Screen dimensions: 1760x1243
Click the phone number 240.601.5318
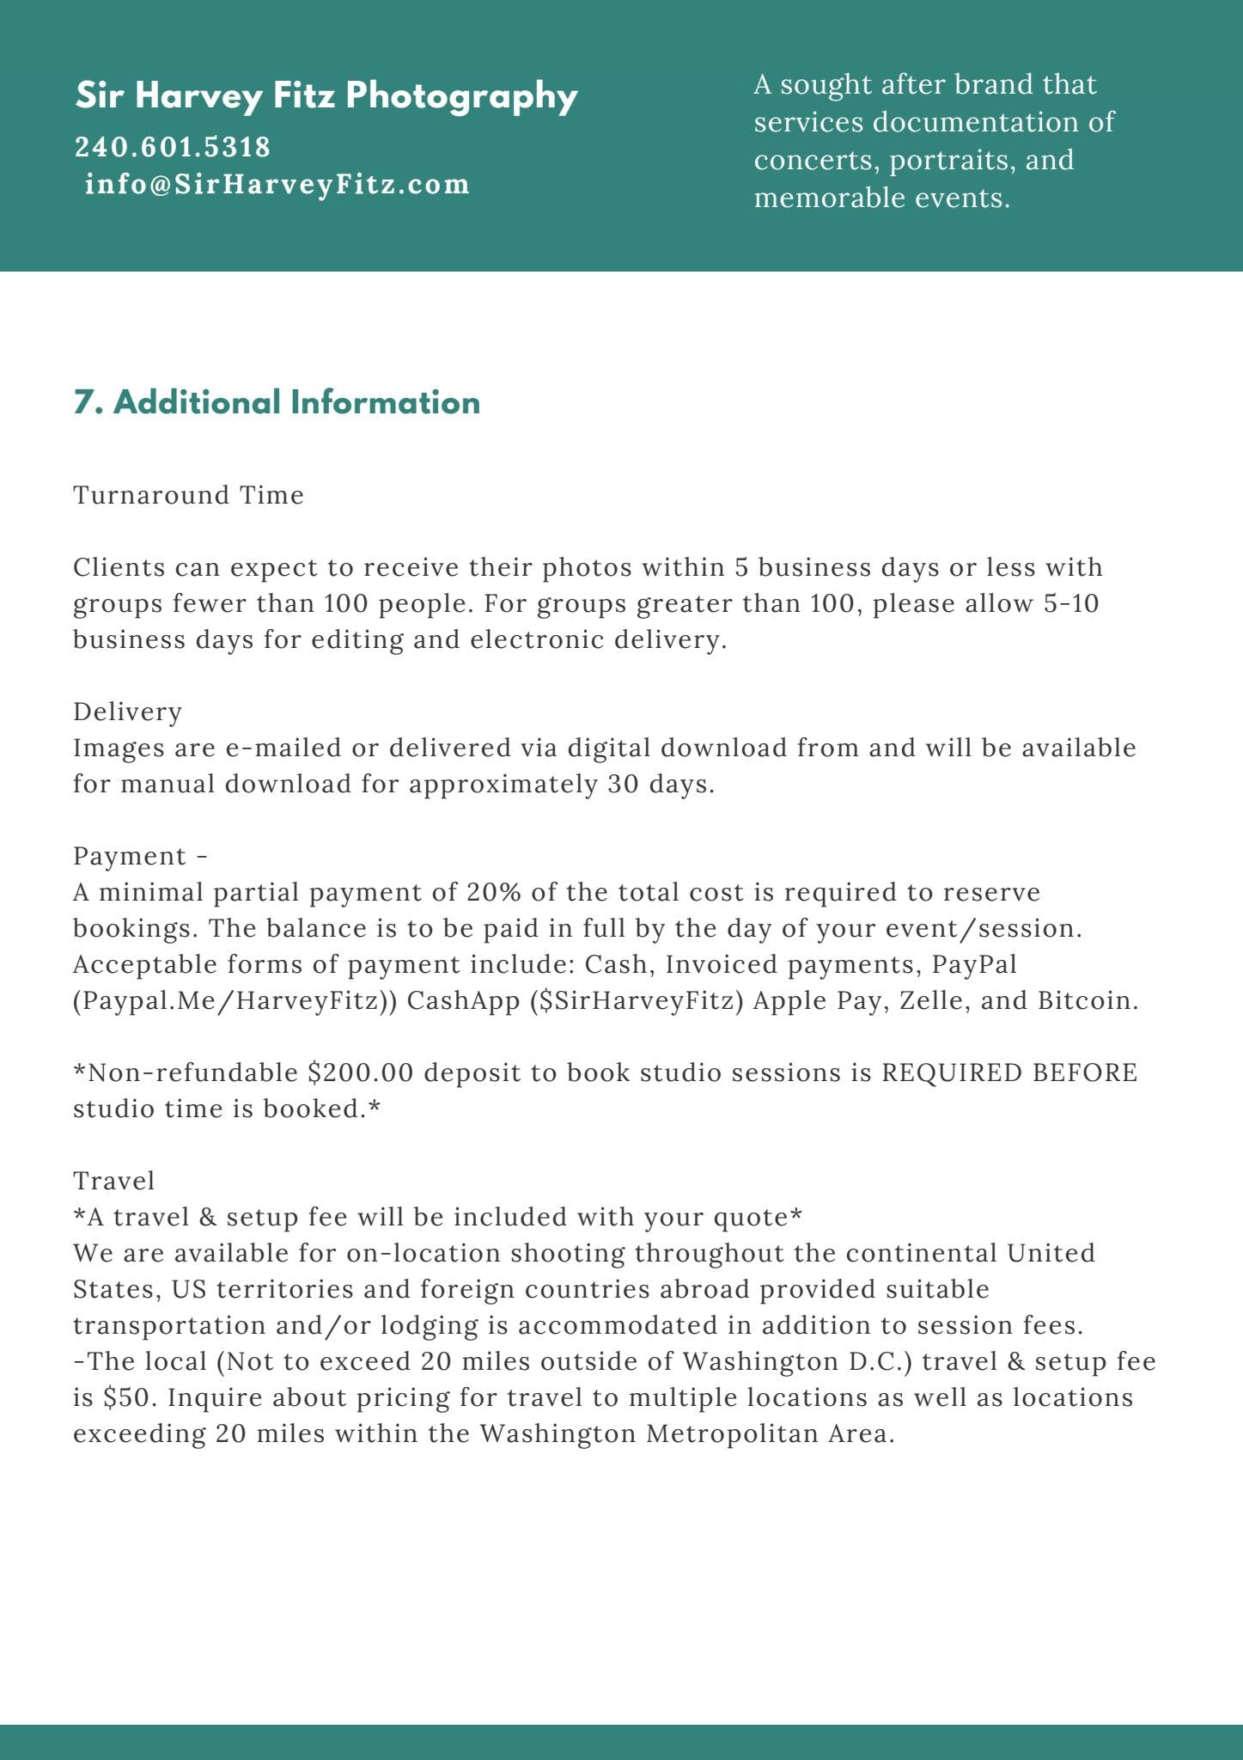point(173,147)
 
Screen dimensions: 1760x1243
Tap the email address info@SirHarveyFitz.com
point(277,184)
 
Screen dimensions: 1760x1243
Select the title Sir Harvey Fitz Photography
point(326,95)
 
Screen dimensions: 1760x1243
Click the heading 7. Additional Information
point(277,402)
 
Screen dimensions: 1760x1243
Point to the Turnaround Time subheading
point(188,495)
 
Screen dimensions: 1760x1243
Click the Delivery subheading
point(127,712)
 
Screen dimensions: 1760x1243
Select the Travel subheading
point(113,1181)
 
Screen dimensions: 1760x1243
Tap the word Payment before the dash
point(129,856)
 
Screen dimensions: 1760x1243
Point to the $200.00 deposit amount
point(361,1072)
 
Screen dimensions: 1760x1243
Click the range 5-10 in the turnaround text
point(1071,603)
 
